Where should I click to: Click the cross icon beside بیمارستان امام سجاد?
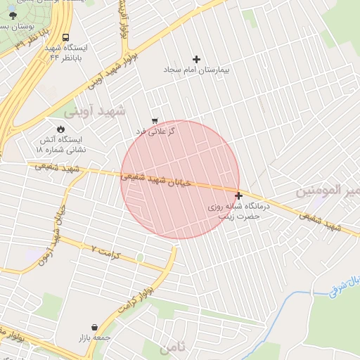(x=196, y=59)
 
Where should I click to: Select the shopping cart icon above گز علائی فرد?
(x=155, y=121)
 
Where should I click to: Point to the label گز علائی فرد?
(x=155, y=131)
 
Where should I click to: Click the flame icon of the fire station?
(x=60, y=129)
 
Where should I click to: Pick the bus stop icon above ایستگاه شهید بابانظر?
(x=65, y=37)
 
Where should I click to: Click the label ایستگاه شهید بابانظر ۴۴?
(x=66, y=52)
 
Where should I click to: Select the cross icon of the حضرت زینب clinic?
(x=239, y=196)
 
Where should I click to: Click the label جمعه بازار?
(x=97, y=337)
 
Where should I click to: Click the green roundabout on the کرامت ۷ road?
(x=141, y=258)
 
